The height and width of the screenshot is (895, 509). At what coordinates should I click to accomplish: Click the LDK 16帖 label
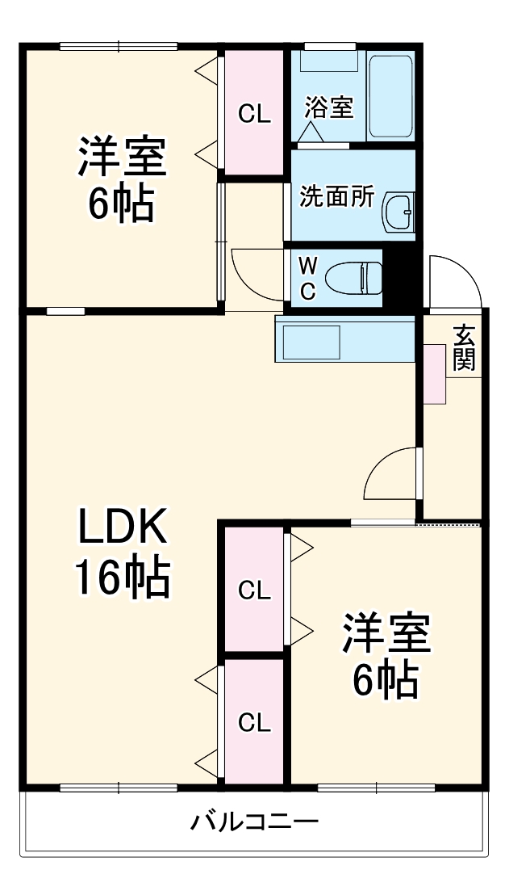(x=122, y=552)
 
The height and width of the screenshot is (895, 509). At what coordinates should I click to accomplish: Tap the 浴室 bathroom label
(x=329, y=107)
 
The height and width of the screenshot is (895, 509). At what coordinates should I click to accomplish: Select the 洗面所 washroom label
(x=336, y=196)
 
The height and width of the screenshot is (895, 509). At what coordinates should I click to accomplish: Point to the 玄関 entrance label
(x=463, y=347)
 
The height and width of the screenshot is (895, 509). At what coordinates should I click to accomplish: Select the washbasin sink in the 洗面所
(x=398, y=212)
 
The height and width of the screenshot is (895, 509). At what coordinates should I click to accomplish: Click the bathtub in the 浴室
(x=391, y=96)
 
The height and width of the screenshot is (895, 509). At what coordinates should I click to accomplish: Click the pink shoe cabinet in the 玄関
(x=434, y=374)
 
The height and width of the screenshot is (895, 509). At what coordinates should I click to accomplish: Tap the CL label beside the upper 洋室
(x=254, y=114)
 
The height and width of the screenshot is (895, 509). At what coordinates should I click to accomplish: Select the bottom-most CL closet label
(x=254, y=722)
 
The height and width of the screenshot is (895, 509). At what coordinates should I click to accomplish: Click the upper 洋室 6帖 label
(x=122, y=179)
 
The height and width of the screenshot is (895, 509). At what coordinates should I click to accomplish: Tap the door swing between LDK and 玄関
(x=391, y=477)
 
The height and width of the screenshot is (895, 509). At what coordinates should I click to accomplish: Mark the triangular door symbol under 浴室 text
(x=313, y=132)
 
